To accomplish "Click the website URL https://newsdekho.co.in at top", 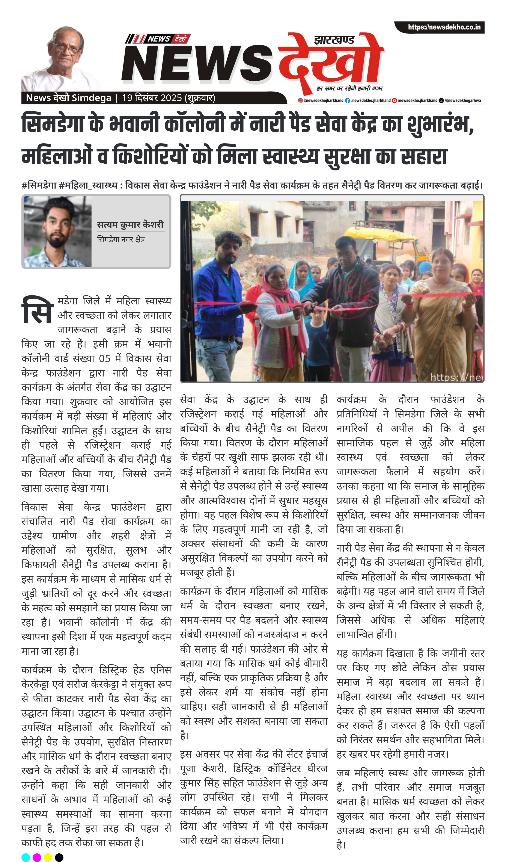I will [x=444, y=27].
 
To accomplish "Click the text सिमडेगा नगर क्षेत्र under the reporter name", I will [x=121, y=239].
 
